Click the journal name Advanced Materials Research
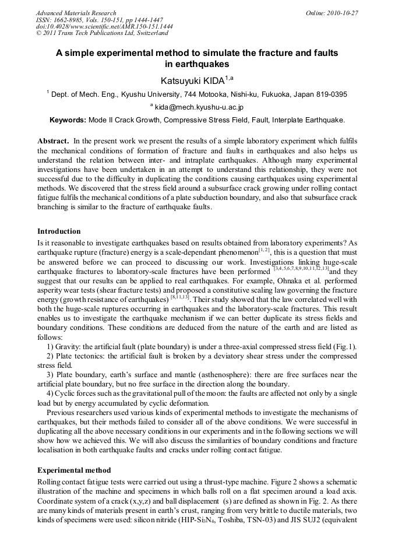tap(76, 13)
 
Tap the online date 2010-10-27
tap(341, 13)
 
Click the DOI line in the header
tap(104, 27)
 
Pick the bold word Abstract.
tap(53, 142)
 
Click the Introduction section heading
tap(59, 231)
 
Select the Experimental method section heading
tap(74, 470)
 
